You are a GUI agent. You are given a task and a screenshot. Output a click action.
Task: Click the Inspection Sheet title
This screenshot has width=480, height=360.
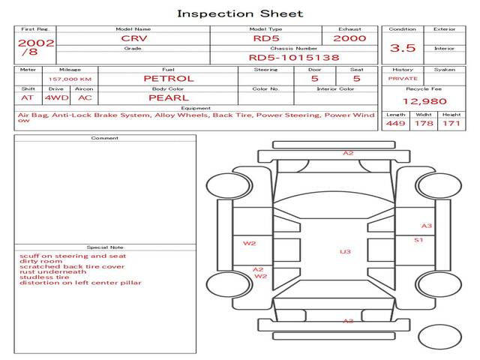click(240, 13)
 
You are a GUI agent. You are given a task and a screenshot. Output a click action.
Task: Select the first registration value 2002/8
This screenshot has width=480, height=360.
click(36, 47)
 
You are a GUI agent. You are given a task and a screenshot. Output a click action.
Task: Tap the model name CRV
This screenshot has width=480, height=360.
click(134, 38)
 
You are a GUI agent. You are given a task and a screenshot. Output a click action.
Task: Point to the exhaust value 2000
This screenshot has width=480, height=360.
click(349, 38)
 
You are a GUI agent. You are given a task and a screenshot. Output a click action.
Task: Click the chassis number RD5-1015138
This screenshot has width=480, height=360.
click(294, 58)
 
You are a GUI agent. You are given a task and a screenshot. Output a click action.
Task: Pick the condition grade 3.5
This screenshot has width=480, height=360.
click(403, 48)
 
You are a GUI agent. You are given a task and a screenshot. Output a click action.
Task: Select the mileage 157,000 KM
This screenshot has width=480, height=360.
click(70, 79)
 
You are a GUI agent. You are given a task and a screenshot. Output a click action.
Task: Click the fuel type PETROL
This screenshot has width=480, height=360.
click(169, 79)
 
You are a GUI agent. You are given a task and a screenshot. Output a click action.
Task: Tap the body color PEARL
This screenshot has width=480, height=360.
click(169, 98)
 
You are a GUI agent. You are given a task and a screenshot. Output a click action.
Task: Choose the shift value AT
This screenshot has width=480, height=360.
click(27, 98)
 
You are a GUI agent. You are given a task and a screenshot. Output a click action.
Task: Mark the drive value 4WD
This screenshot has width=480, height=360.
click(57, 98)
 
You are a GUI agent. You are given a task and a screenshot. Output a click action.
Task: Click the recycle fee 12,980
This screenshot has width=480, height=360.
click(424, 101)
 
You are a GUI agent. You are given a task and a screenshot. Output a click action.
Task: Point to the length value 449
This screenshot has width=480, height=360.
click(395, 123)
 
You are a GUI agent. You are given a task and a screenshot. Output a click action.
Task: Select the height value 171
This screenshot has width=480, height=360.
click(451, 123)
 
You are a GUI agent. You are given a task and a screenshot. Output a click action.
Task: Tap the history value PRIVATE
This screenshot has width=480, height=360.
click(403, 79)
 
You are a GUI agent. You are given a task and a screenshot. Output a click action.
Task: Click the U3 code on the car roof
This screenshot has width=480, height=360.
click(345, 252)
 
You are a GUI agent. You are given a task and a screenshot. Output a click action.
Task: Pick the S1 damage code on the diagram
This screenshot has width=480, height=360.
click(418, 240)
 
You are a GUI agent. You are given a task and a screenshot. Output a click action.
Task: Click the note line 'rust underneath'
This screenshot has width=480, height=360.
click(53, 271)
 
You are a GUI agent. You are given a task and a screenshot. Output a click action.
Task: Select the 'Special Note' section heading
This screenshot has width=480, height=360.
click(105, 247)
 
